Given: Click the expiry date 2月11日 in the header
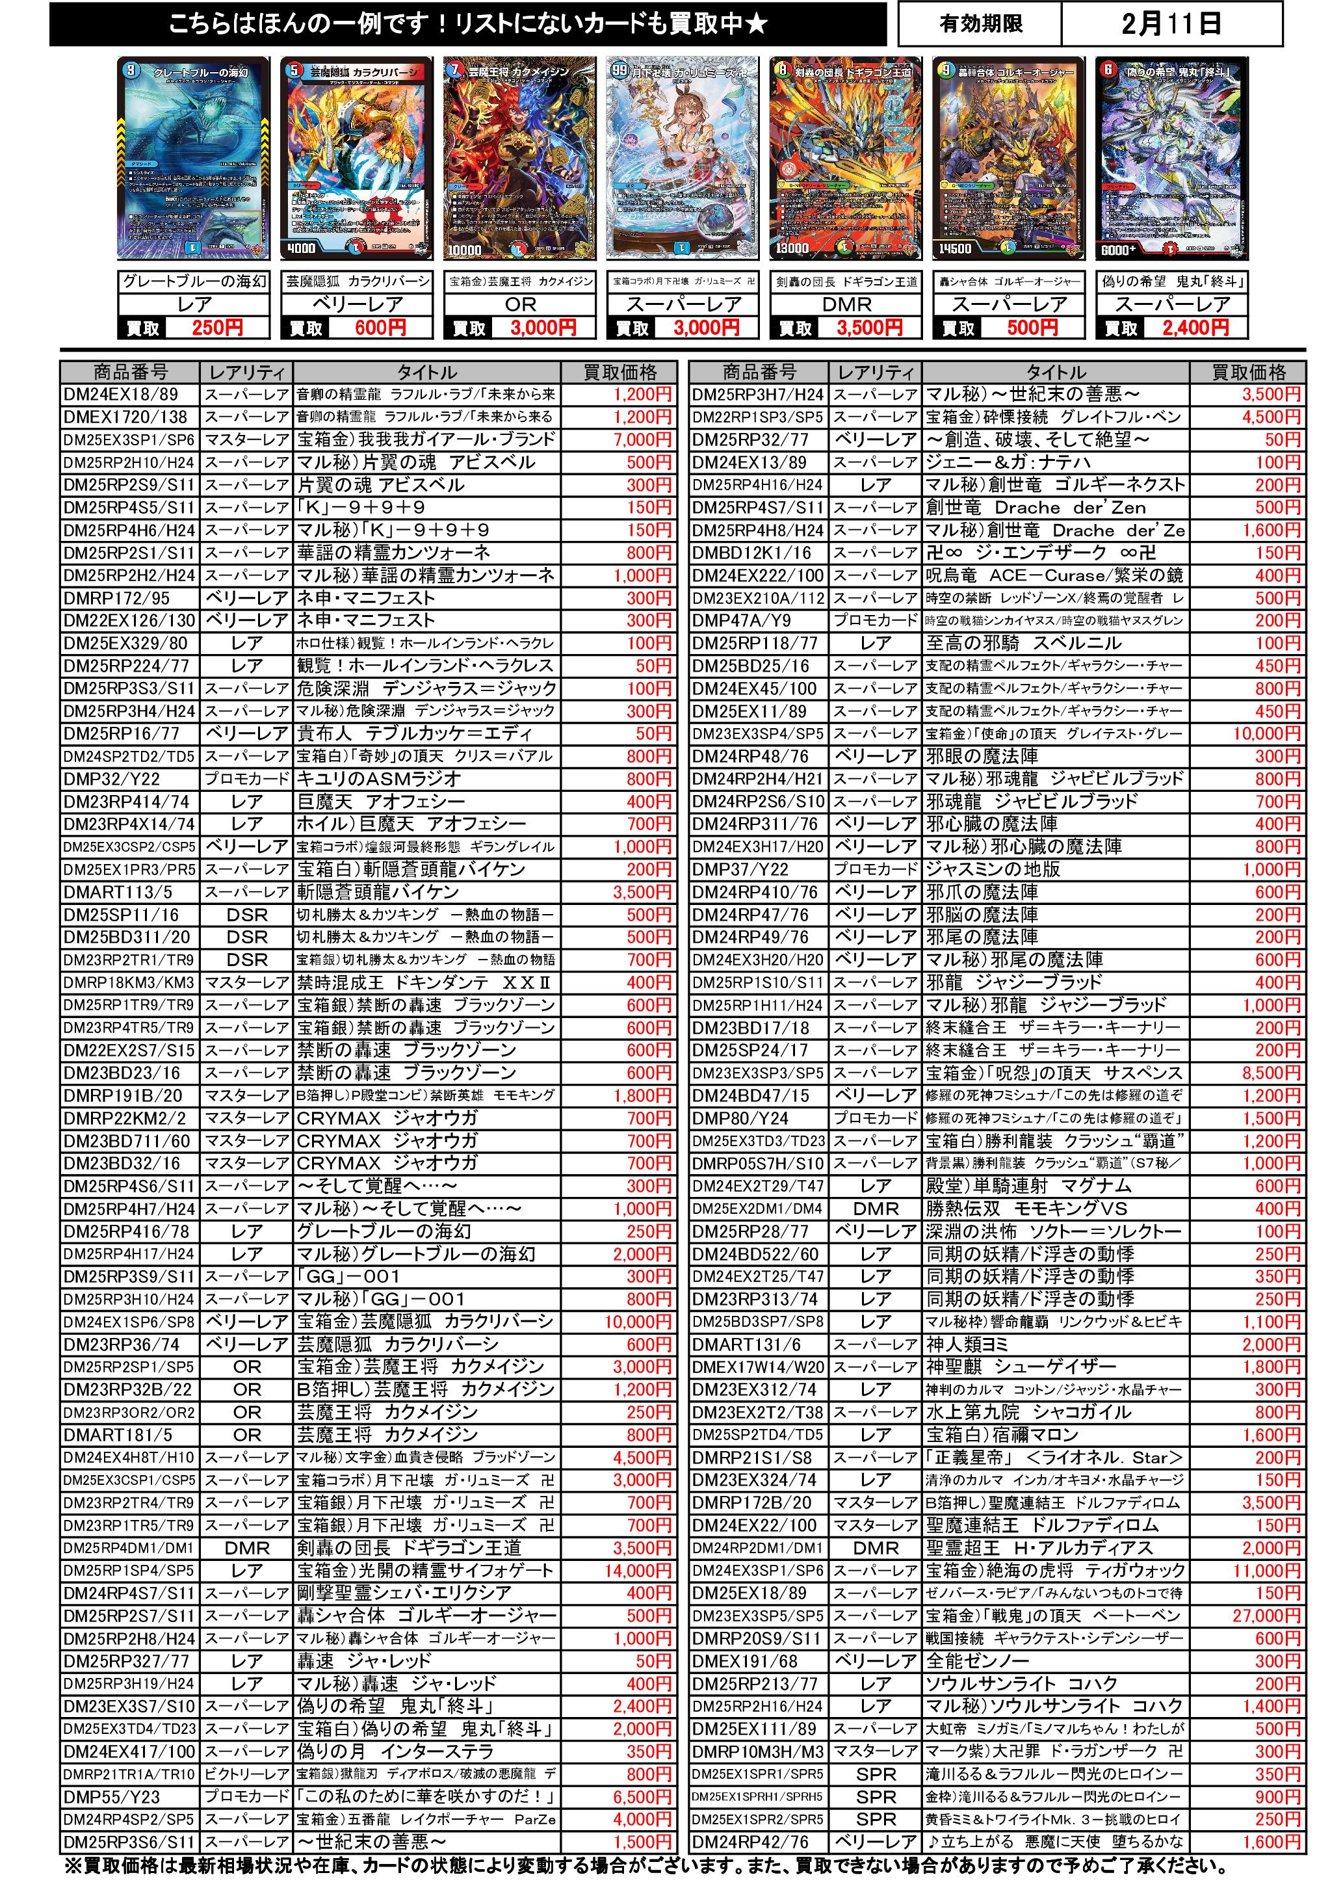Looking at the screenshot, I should (1171, 24).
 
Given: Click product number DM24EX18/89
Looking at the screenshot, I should (121, 395).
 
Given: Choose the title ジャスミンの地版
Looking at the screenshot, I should (993, 869).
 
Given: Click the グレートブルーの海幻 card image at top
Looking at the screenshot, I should (194, 157).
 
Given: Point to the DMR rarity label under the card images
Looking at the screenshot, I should (846, 305).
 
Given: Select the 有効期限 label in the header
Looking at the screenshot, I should (981, 24).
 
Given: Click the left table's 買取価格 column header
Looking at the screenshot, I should (620, 373).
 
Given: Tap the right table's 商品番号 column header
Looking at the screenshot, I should (759, 373).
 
